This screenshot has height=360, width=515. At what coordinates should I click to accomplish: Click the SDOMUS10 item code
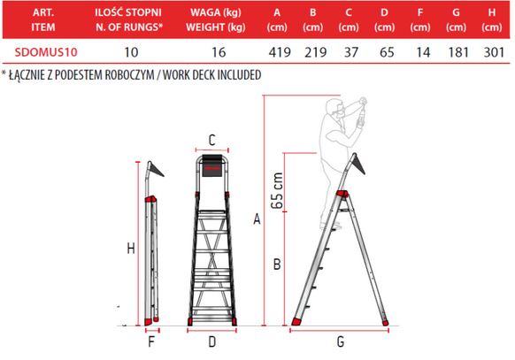point(46,52)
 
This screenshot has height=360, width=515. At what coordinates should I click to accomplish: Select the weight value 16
point(219,52)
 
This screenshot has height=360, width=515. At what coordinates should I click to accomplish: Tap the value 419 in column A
point(280,52)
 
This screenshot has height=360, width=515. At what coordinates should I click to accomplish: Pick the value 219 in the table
point(315,52)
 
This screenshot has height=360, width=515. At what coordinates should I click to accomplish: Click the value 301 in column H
point(494,52)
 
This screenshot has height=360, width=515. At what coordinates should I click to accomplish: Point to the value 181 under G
point(458,52)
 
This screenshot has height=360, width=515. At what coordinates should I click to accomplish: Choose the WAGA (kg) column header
point(216,12)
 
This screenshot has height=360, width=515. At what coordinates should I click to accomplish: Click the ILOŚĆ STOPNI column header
point(128,12)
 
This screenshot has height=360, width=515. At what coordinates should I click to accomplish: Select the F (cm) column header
point(420,19)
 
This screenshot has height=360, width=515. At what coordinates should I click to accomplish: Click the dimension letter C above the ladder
point(212,140)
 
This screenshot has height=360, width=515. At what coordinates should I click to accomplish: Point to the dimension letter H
point(131,249)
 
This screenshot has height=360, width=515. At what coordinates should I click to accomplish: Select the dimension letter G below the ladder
point(341,342)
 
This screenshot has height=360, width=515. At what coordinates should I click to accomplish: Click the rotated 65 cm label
point(277,191)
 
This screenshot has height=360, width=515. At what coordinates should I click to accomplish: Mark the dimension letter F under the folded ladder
point(151,342)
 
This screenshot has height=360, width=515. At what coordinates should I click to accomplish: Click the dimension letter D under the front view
point(212,342)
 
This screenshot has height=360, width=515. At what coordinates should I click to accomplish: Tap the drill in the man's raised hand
point(362,111)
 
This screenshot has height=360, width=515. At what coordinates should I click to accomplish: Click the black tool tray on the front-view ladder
point(211,165)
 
